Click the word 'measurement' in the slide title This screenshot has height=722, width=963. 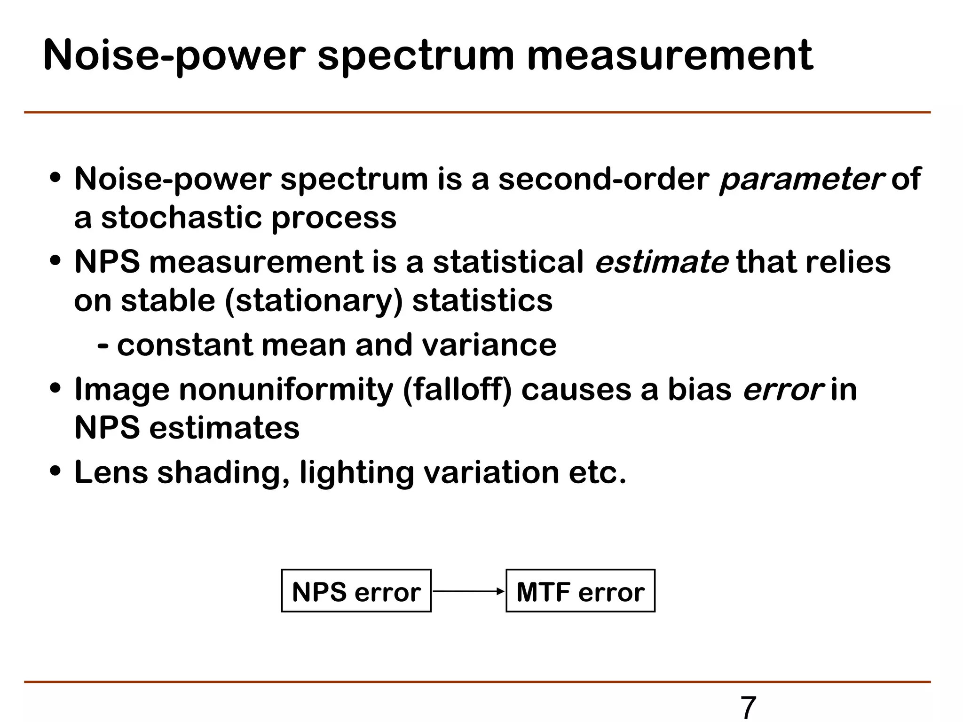pos(670,55)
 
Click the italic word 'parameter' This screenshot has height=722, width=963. pos(802,180)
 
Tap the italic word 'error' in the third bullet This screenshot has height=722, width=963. pos(783,390)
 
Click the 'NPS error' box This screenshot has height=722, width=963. pos(356,591)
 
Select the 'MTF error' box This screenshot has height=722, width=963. pos(580,591)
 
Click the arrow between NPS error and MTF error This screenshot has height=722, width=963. pos(468,591)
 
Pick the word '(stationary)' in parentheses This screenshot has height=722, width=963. pos(314,301)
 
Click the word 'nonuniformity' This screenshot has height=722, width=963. pos(286,390)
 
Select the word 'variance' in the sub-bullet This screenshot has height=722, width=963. pos(489,345)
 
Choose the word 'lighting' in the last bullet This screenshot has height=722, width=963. pos(356,472)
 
